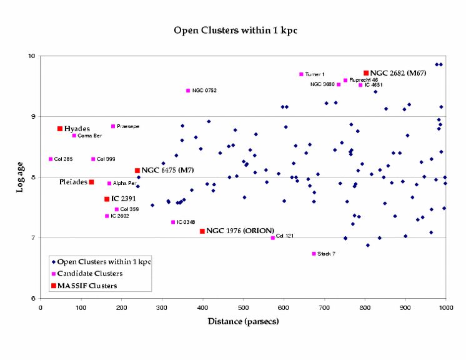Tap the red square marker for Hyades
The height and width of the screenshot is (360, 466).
coord(60,129)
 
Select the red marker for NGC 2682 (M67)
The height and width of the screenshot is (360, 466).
coord(366,73)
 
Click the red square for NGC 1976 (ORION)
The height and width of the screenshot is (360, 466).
coord(202,231)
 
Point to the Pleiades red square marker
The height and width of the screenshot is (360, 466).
coord(91,182)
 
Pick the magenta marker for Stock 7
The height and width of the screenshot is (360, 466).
coord(314,254)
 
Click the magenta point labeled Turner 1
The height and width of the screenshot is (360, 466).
coord(301,74)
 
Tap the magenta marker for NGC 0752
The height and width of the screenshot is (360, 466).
coord(188,91)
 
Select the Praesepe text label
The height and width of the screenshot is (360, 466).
coord(128,126)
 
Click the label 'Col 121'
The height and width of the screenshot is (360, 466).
coord(285,236)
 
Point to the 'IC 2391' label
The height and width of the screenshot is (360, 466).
coord(124,199)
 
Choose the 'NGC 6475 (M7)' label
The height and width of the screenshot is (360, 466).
coord(166,170)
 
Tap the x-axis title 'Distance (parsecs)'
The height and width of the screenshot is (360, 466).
coord(243,321)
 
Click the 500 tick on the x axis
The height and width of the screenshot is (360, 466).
coord(243,307)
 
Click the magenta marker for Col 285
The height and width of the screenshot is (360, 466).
coord(51,159)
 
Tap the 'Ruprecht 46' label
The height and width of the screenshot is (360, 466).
coord(364,80)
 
